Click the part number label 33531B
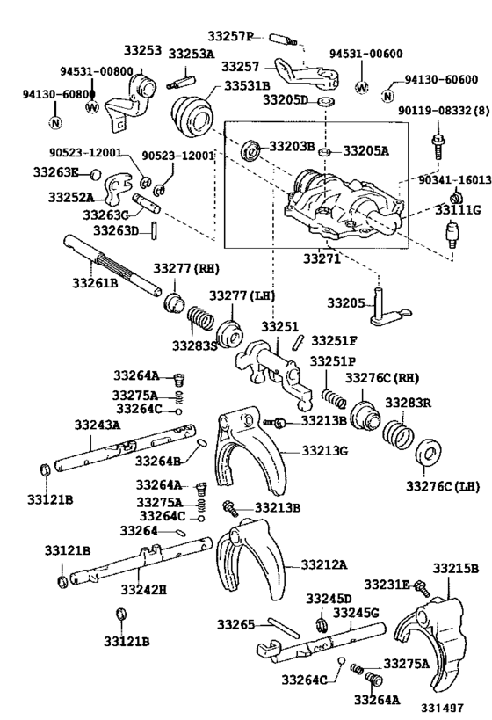point(247,86)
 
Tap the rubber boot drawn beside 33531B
point(192,117)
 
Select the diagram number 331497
point(443,708)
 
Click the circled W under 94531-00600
point(362,87)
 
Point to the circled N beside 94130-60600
point(387,96)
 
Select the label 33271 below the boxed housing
point(322,259)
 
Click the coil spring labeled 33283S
point(200,318)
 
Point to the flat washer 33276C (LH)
point(429,453)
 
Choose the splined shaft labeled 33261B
point(112,265)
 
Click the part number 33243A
point(98,425)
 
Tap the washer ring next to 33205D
point(325,101)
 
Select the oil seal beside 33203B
point(251,150)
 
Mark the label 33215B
point(455,568)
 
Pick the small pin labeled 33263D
point(156,229)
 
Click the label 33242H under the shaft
point(144,589)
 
